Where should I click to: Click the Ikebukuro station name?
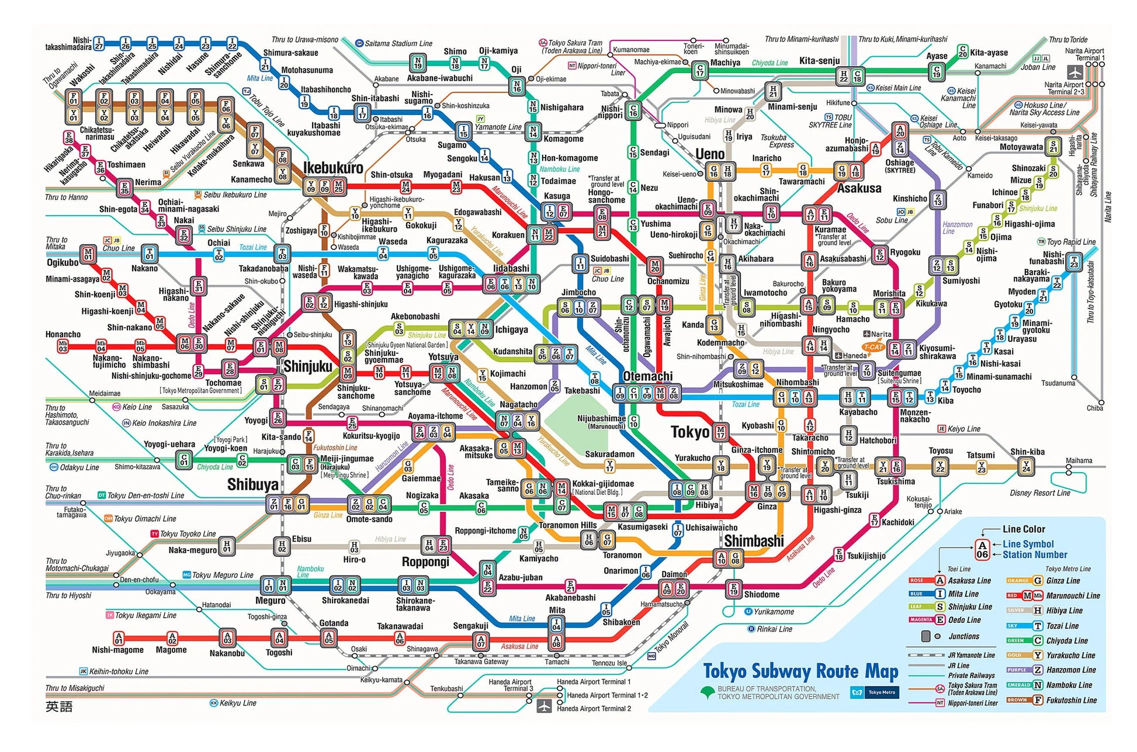[x=332, y=168]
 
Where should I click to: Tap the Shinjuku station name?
[x=307, y=366]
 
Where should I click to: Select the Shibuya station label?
[x=252, y=484]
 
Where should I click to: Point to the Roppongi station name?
[x=425, y=562]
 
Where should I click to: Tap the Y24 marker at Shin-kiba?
[x=1026, y=466]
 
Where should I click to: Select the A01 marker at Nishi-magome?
[x=119, y=638]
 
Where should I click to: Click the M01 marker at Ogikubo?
[x=88, y=254]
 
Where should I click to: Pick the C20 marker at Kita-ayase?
[x=962, y=51]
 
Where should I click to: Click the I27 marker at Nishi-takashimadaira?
[x=99, y=43]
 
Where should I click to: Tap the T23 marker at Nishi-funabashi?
[x=1074, y=262]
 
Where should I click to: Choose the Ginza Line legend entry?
[x=1063, y=581]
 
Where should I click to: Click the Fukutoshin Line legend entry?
[x=1071, y=700]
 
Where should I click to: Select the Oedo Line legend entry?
[x=964, y=620]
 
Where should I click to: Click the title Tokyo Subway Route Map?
[x=800, y=671]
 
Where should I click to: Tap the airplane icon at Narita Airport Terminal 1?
[x=1075, y=72]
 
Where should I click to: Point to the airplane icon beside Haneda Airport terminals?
[x=544, y=705]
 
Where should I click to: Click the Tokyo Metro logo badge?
[x=875, y=692]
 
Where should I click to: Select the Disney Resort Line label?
[x=1040, y=493]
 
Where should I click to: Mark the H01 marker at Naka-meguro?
[x=227, y=546]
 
